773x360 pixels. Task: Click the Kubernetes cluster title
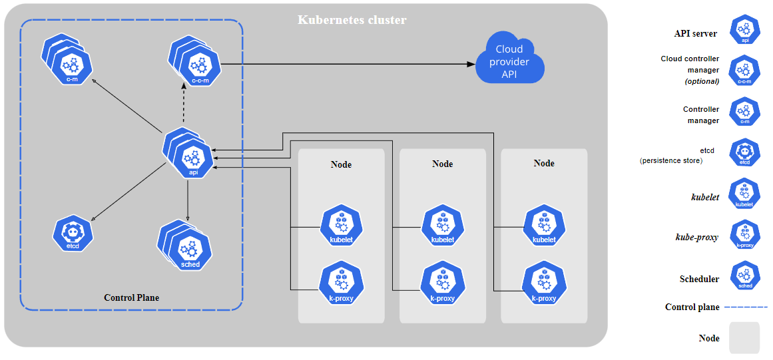tap(352, 20)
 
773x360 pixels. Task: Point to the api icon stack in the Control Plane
tap(190, 155)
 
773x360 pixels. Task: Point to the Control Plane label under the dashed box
tap(132, 297)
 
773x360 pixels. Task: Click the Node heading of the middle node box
tap(443, 164)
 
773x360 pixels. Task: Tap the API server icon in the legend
tap(745, 31)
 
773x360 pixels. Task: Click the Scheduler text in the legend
tap(699, 279)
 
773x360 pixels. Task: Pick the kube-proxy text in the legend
tap(696, 237)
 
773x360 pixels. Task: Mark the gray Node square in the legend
tap(744, 338)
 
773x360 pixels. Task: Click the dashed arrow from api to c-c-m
tap(184, 102)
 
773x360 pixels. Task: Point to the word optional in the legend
tap(702, 81)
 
